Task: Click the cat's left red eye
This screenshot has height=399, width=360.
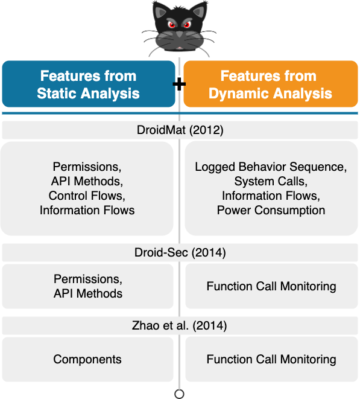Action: pos(172,25)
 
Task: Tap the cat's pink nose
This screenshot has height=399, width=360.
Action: pos(180,48)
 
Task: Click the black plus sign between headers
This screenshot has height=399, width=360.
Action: pos(179,84)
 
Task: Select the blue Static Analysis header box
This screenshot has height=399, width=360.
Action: pos(89,84)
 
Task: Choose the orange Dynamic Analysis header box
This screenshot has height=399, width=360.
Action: pos(271,84)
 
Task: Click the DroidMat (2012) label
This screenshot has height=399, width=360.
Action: pos(180,130)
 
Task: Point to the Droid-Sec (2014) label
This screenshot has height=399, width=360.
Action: pos(180,253)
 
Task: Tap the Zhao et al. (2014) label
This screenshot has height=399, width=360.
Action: pos(180,326)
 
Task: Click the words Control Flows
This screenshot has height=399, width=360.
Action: pos(87,196)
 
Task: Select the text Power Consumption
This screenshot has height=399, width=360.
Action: pos(271,211)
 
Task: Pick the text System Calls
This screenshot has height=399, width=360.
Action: pos(271,182)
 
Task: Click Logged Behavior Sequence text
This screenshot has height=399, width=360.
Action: pos(271,167)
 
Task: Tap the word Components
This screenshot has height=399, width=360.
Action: pos(87,359)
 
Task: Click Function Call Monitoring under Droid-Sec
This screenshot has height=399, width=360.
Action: pos(271,286)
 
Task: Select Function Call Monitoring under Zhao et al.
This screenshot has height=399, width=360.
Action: pos(271,359)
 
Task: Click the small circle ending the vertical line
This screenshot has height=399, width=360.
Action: pos(179,394)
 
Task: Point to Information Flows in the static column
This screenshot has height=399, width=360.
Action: pos(87,211)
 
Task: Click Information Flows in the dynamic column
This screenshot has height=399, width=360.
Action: pos(271,196)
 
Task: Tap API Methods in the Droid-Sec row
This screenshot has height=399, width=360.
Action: pos(88,293)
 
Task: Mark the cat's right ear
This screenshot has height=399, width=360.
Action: pos(198,10)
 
